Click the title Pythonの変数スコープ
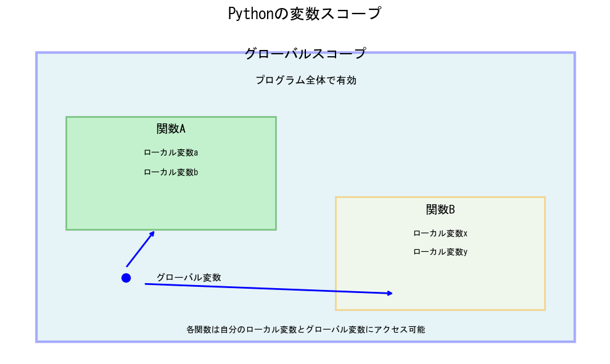click(305, 14)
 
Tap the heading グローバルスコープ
click(305, 54)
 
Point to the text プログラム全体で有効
click(306, 80)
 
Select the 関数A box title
click(171, 129)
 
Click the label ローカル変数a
click(171, 152)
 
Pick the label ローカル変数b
click(171, 172)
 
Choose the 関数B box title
click(440, 210)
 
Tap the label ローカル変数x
click(440, 233)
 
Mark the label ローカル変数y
click(440, 252)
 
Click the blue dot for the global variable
click(126, 278)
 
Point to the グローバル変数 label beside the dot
click(189, 278)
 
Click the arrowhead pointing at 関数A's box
click(152, 233)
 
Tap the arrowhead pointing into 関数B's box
click(390, 293)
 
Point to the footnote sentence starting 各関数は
click(305, 329)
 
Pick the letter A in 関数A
click(182, 129)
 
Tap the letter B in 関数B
click(451, 210)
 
